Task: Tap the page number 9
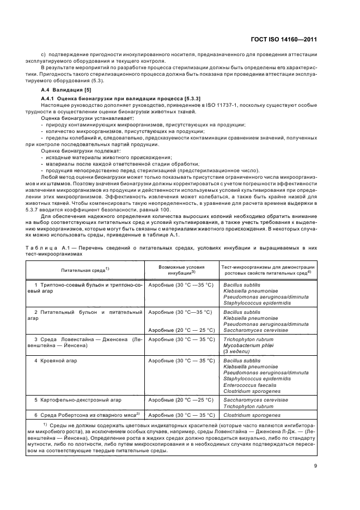click(315, 465)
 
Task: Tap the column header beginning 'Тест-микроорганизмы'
click(269, 269)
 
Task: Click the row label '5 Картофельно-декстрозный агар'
click(78, 399)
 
